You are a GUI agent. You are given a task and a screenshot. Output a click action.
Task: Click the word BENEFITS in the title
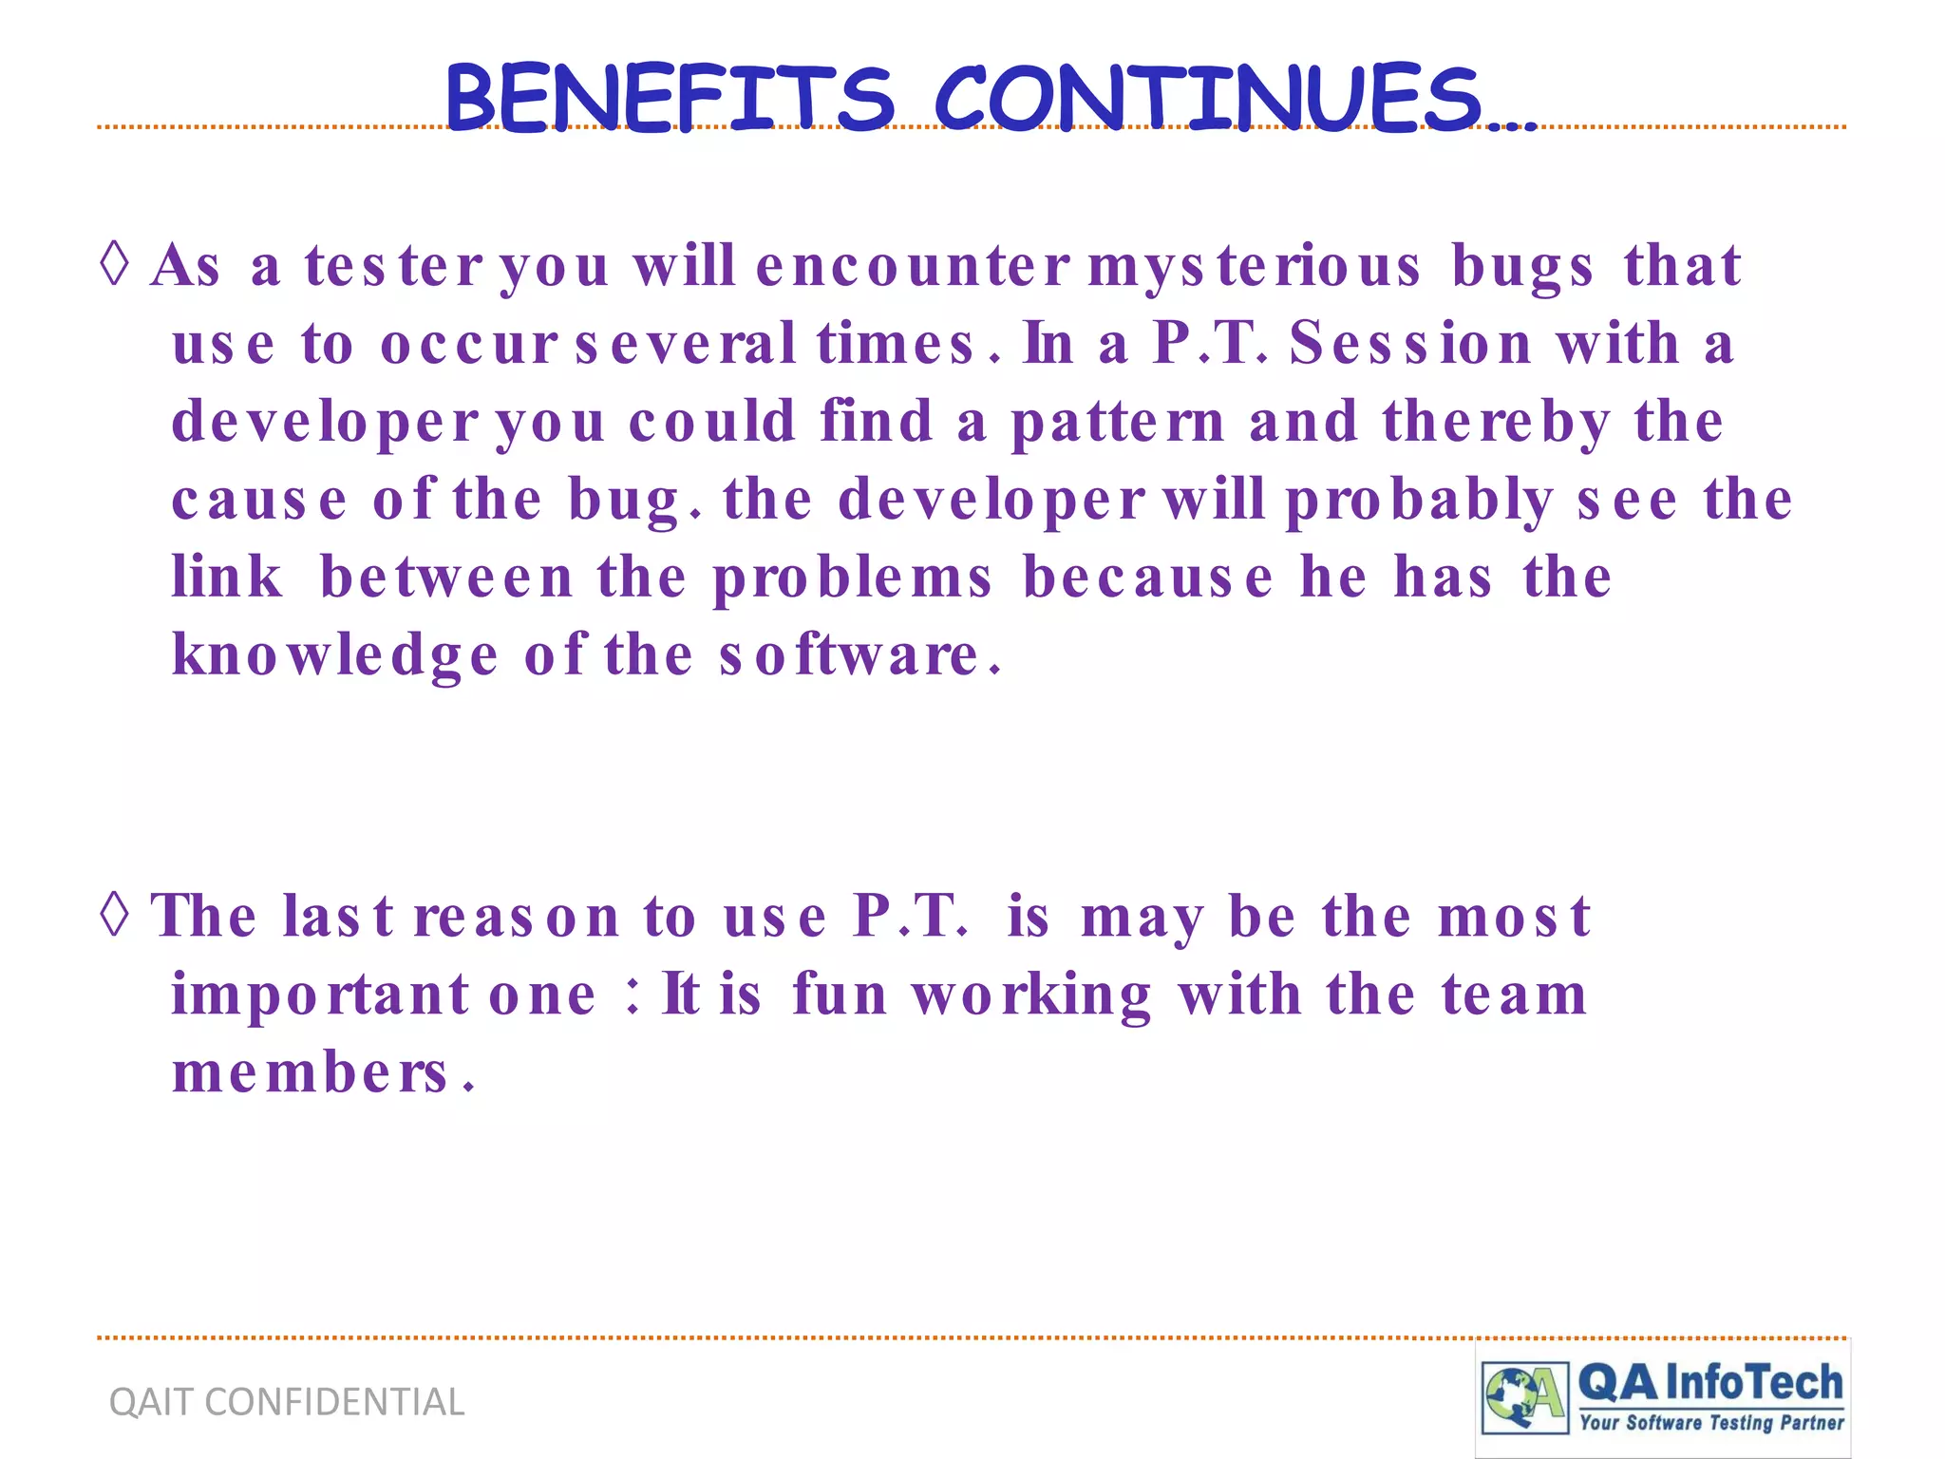click(670, 99)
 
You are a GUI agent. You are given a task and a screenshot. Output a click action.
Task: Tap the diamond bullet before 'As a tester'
click(115, 264)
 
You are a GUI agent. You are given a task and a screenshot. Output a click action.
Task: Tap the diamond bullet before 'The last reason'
click(115, 916)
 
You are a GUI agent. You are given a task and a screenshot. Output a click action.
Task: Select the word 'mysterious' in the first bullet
click(1254, 266)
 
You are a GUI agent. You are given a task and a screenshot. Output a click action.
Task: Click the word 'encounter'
click(913, 266)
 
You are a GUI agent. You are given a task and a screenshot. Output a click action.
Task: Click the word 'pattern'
click(1117, 422)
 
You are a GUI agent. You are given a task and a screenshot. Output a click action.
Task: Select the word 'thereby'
click(1497, 422)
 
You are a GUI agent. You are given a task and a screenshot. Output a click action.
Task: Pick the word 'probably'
click(1420, 501)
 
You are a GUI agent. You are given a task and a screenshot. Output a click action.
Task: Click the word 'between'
click(447, 577)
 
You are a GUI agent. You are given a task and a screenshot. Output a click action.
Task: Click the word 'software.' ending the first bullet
click(860, 655)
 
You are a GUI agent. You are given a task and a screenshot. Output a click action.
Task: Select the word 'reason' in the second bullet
click(517, 917)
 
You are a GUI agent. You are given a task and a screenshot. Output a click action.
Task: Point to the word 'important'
click(320, 995)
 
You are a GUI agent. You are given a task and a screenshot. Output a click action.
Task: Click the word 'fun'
click(840, 995)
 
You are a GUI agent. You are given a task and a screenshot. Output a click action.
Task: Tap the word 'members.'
click(323, 1073)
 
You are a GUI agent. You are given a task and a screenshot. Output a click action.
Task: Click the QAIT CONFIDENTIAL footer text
click(287, 1402)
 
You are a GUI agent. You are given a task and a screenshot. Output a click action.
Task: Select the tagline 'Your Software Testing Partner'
click(1710, 1422)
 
